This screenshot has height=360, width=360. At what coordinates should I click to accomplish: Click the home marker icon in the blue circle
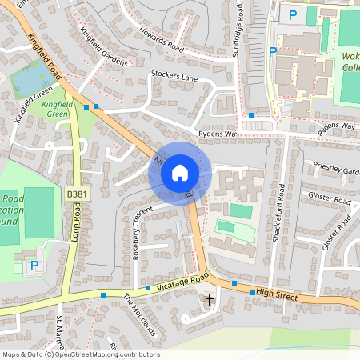point(180,172)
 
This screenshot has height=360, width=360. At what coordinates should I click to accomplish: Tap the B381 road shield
point(76,194)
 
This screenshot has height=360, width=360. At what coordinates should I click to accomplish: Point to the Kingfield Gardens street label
point(104,47)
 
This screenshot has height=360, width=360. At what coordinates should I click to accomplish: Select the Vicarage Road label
point(183,281)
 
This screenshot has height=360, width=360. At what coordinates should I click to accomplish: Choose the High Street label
point(277,296)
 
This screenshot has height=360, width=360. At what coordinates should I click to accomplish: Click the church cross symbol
point(210,301)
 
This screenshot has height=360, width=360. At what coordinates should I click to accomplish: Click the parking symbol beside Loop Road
point(34,266)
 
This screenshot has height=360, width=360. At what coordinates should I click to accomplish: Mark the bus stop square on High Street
point(253,293)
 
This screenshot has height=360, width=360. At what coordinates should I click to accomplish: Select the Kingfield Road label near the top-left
point(44,57)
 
